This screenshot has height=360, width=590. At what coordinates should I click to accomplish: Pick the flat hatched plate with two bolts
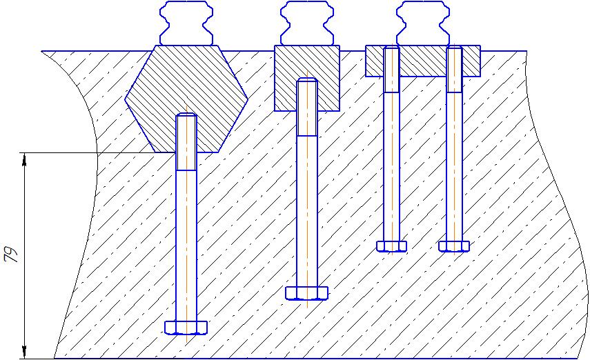422,61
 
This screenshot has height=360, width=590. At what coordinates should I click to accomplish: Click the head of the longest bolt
186,327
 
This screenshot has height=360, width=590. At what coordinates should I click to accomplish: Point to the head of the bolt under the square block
307,292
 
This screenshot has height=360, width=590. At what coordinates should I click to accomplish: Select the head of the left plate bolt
391,246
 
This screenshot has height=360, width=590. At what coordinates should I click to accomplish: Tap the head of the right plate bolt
454,246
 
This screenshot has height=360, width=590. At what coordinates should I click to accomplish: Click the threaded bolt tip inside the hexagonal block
186,141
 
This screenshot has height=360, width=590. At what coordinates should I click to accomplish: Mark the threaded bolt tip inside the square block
307,107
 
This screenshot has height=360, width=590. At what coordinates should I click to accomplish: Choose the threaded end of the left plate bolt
391,69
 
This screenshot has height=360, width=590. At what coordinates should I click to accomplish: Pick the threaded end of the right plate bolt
454,69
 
